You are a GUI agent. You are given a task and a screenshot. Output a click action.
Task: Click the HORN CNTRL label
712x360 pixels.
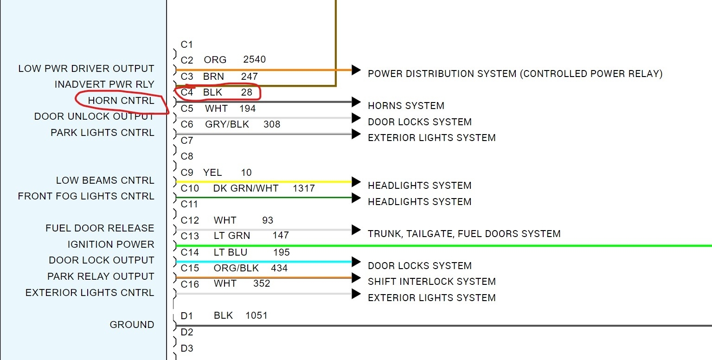[x=121, y=101]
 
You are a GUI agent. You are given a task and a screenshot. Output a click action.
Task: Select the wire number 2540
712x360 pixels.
[x=254, y=60]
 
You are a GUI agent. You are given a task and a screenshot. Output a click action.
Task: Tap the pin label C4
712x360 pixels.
[x=187, y=92]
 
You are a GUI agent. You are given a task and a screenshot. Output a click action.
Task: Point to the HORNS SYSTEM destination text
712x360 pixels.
[x=406, y=106]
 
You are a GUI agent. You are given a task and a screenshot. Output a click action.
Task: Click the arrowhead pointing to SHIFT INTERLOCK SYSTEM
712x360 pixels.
[x=356, y=278]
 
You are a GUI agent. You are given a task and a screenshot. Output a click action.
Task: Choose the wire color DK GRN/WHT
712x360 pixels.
[x=246, y=188]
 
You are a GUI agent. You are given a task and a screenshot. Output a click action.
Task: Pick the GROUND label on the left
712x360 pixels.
[x=132, y=325]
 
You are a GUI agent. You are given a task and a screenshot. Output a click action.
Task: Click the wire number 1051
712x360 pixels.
[x=256, y=315]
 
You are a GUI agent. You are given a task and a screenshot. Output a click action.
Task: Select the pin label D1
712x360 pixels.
[x=186, y=316]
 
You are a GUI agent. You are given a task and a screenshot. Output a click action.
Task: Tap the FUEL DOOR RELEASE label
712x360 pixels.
[x=100, y=228]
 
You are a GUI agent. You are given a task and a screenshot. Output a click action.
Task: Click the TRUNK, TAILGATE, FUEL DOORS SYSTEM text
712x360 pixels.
[x=464, y=234]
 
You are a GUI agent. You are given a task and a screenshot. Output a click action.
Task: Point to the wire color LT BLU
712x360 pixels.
[x=231, y=252]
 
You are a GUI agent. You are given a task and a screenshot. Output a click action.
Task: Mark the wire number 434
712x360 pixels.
[x=279, y=268]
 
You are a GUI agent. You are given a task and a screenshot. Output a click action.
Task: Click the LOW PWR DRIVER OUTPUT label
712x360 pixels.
[x=86, y=69]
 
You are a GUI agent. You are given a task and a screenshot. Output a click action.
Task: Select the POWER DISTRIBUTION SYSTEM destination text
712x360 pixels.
[x=515, y=74]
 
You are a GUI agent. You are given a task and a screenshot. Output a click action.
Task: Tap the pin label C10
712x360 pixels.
[x=190, y=188]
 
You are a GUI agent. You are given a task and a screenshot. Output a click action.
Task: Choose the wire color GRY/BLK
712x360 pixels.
[x=227, y=124]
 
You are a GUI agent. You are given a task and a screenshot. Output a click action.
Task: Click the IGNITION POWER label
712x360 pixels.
[x=110, y=244]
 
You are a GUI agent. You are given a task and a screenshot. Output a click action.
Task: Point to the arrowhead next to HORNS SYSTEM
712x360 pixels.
[x=356, y=102]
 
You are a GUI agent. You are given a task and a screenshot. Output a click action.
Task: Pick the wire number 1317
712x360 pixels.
[x=304, y=188]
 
